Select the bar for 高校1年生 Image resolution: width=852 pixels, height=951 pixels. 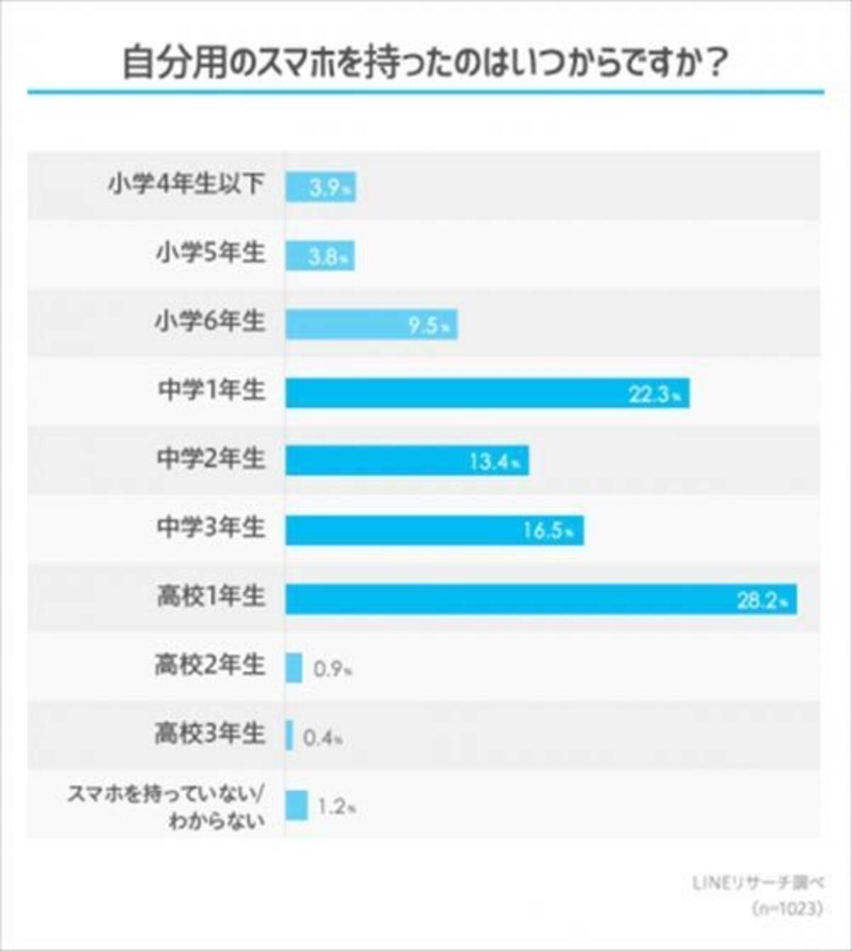click(x=540, y=599)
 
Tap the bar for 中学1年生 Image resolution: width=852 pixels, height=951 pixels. click(x=487, y=393)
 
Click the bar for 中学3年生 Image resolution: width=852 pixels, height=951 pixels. click(x=435, y=531)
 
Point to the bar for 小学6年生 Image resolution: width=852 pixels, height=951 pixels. click(x=371, y=325)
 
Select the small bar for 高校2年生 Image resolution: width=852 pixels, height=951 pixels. click(x=294, y=668)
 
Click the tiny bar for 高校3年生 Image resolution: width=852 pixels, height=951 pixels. click(x=290, y=736)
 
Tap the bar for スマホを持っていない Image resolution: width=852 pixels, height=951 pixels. click(x=297, y=805)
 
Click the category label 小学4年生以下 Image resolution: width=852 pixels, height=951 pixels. click(x=186, y=185)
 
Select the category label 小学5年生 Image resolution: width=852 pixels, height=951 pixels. click(x=210, y=254)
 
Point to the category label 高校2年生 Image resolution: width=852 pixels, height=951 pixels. click(x=209, y=665)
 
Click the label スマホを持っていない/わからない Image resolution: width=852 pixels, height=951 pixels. click(x=166, y=807)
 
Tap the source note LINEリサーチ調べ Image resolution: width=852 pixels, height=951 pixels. click(x=758, y=883)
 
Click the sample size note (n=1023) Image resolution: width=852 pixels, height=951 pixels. click(x=786, y=908)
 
